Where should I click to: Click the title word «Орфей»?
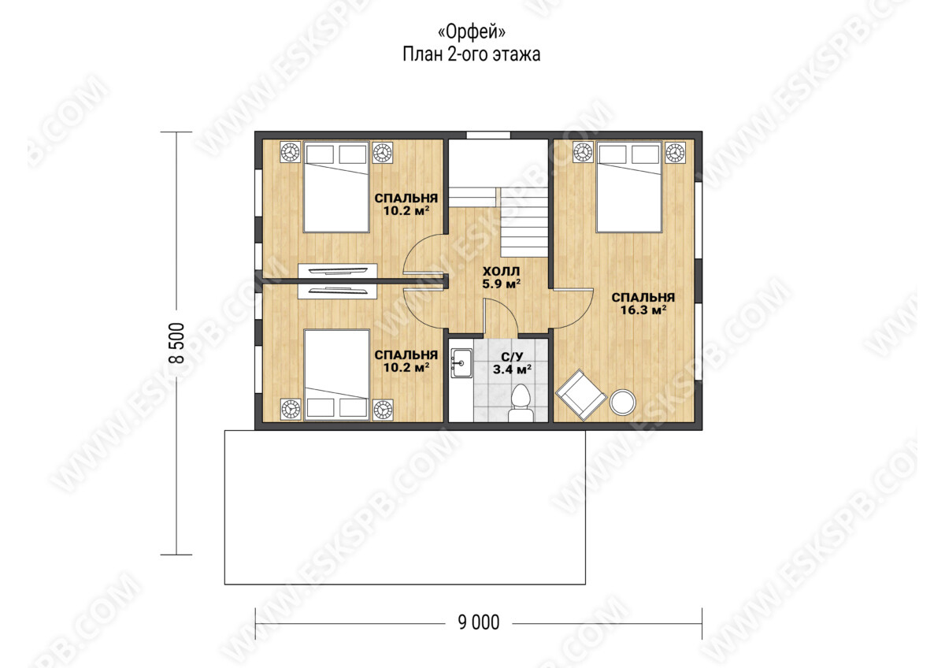click(x=471, y=32)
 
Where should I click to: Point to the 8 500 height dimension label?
click(x=176, y=343)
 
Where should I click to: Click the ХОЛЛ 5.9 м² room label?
click(x=501, y=277)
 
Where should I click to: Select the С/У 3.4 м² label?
click(x=512, y=363)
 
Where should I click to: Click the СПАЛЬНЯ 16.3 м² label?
click(x=643, y=304)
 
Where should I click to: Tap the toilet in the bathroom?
click(x=521, y=403)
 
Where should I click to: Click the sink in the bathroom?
click(x=461, y=363)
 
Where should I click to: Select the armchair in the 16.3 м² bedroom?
click(x=581, y=395)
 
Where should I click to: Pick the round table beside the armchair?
click(x=622, y=403)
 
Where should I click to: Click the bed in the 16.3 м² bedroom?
click(x=628, y=187)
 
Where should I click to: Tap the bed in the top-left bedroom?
click(x=336, y=187)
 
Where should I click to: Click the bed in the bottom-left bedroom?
click(x=337, y=375)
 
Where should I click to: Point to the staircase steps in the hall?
click(x=524, y=221)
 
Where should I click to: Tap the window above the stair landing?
click(x=488, y=135)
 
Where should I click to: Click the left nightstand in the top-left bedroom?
click(x=291, y=152)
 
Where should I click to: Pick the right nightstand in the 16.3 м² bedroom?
click(x=675, y=152)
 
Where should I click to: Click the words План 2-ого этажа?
click(x=471, y=55)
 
